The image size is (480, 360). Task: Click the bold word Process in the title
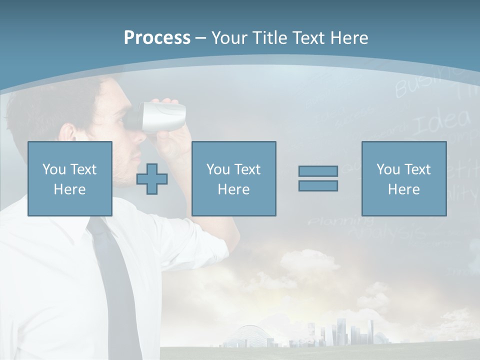pos(157,38)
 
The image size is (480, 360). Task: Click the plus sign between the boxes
pos(152,179)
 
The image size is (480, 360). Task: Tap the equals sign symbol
pos(318,178)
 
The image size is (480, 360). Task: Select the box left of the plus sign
pos(70,178)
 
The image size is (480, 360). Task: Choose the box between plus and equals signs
pos(233,178)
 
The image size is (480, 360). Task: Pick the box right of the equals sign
pos(403,178)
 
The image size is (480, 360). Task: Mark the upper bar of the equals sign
pos(318,171)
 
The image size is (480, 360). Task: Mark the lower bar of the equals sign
pos(318,186)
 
